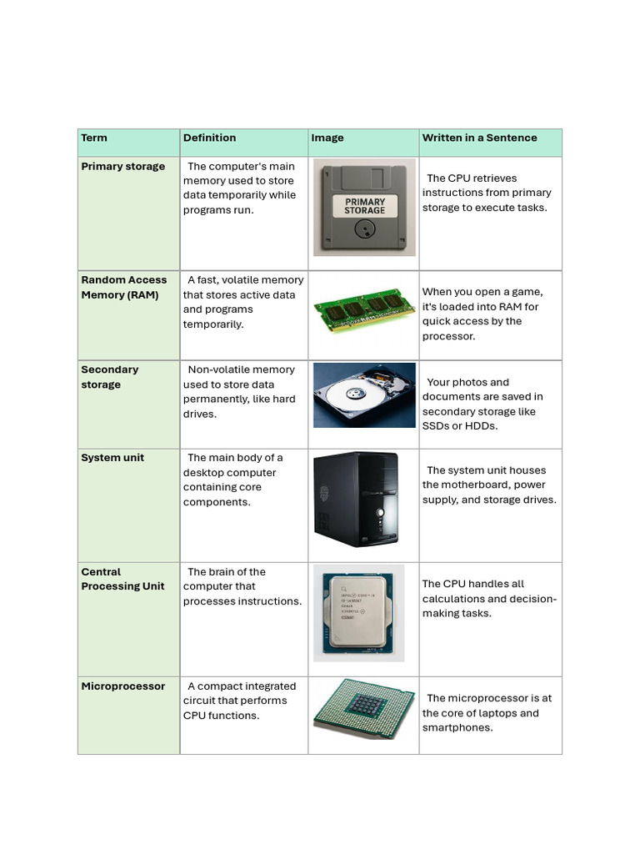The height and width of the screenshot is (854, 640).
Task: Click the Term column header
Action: [94, 138]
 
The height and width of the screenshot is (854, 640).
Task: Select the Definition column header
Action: [209, 138]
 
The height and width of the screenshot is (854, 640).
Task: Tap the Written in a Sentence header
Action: [479, 138]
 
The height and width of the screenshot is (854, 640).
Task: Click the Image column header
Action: [327, 138]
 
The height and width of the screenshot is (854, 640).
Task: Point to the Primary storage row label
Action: [122, 167]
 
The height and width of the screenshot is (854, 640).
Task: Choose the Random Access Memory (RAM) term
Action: [123, 288]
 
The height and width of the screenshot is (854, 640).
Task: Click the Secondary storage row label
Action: [109, 377]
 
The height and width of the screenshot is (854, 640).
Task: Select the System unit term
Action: [112, 458]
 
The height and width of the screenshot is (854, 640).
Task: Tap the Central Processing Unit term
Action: [122, 579]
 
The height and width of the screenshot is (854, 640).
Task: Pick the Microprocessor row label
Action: [122, 686]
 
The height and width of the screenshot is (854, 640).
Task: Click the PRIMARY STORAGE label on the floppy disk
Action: [365, 206]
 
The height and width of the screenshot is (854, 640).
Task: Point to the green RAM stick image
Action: [363, 310]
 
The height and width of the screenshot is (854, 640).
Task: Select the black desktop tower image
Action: [356, 500]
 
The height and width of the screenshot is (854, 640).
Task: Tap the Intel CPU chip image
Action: [358, 613]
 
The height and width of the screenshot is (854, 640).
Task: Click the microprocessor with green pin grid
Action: [363, 716]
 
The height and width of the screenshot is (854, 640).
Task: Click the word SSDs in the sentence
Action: [436, 426]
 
